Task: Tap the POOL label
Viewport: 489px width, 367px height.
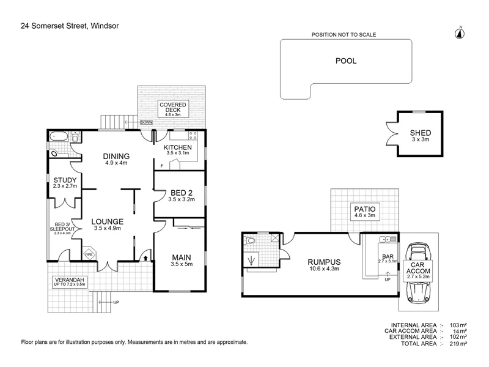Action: [x=345, y=61]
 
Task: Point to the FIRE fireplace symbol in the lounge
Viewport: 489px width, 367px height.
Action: [x=88, y=254]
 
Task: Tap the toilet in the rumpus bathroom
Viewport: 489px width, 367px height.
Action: [x=251, y=242]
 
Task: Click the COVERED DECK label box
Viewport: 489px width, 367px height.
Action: [x=174, y=109]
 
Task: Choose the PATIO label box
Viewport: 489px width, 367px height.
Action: [x=364, y=212]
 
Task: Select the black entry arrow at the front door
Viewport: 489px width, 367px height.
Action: [x=144, y=258]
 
